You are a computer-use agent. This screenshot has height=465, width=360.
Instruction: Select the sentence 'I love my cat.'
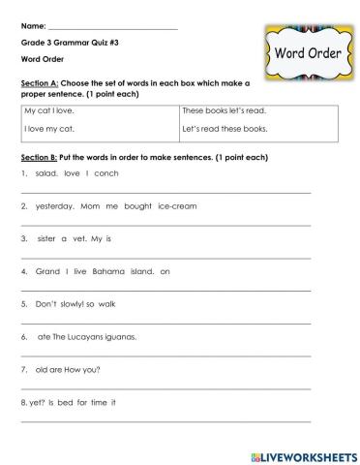pos(48,128)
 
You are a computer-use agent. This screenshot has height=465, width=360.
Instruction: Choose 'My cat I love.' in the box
pos(48,111)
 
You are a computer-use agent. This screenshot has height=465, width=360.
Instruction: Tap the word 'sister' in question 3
pos(45,238)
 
